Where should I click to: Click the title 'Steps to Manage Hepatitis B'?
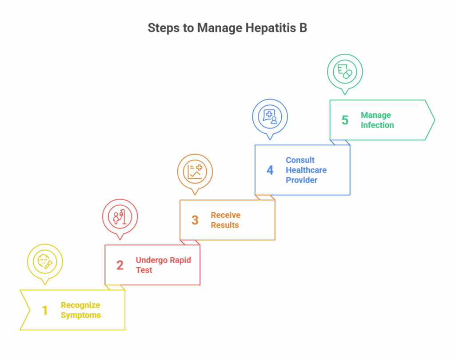coord(227,28)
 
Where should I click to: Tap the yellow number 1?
coord(44,310)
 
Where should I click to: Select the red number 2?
coord(120,265)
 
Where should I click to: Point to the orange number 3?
coord(195,220)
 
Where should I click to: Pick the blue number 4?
coord(270,170)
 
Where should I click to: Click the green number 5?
coord(345,120)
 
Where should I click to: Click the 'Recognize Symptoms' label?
coord(81,310)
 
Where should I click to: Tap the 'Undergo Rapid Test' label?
coord(163,265)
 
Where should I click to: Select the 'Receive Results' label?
coord(225,220)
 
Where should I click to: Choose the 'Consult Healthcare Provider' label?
coord(306,170)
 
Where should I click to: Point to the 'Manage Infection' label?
coord(377,120)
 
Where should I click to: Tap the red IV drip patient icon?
coord(120,216)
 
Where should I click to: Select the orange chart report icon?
coord(195,171)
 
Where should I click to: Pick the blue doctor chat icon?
coord(270,116)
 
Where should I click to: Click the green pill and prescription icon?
coord(345,71)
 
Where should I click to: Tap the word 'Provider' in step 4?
coord(301,180)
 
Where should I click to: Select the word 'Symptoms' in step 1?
coord(81,315)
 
